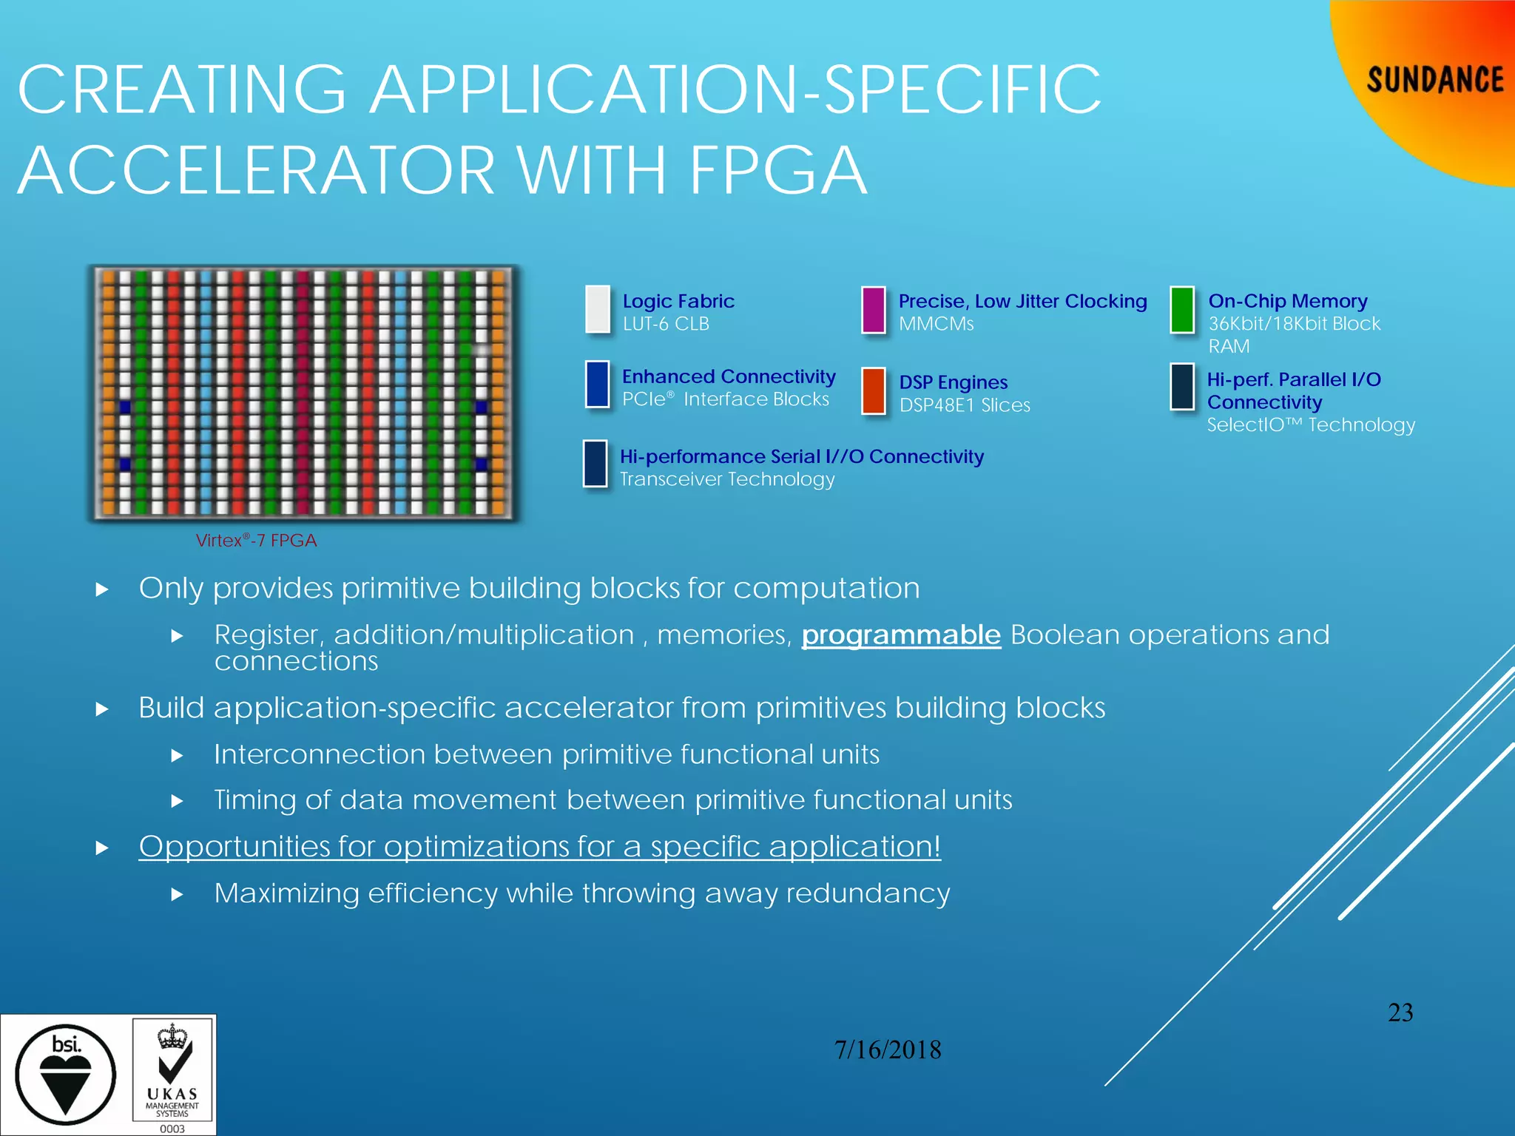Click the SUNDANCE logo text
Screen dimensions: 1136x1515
pos(1434,80)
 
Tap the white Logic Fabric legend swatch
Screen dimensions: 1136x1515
pos(598,309)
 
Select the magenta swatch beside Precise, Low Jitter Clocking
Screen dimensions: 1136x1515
pos(874,310)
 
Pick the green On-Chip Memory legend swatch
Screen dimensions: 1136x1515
pos(1182,310)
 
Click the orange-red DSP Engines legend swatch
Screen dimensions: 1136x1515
pos(874,390)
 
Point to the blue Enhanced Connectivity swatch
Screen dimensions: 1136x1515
pos(597,384)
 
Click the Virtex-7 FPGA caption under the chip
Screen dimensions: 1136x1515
pos(256,541)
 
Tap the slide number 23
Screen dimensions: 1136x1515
pos(1400,1012)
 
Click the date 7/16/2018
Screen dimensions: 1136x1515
pos(888,1049)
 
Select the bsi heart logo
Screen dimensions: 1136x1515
pos(66,1075)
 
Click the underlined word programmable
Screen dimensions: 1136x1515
pos(901,635)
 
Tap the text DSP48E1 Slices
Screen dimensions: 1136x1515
pos(965,405)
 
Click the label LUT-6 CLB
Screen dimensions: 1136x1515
pos(666,324)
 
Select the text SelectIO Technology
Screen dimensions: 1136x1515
pos(1311,425)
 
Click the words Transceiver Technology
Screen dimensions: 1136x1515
pos(727,479)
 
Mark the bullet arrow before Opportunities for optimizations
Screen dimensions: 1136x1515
pos(102,848)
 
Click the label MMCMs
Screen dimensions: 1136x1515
pos(936,324)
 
